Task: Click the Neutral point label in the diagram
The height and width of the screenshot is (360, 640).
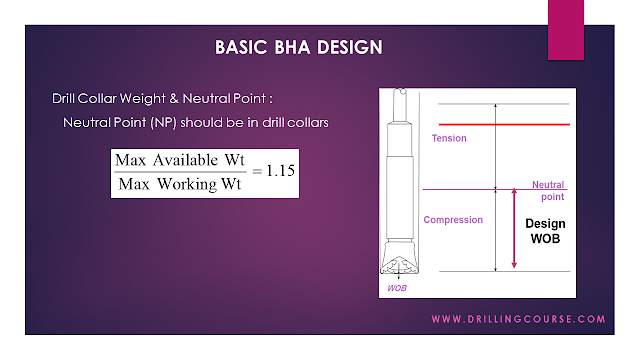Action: pos(549,189)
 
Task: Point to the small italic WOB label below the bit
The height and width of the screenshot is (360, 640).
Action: pos(399,289)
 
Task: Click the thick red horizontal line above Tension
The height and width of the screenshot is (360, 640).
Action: pos(496,125)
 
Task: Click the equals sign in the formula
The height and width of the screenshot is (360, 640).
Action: pos(245,172)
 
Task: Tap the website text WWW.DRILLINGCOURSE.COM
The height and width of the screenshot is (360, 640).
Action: pos(518,319)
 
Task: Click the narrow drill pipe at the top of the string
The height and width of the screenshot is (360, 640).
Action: pos(399,108)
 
